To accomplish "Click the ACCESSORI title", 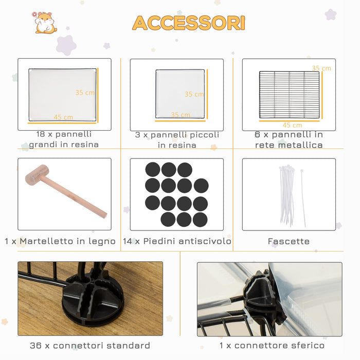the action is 189,23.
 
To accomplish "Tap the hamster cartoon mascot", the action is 45,23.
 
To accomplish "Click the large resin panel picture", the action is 62,95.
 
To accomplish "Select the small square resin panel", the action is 180,94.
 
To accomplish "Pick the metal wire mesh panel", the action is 289,95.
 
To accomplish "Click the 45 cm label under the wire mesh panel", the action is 292,125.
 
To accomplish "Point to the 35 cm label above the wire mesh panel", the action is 321,68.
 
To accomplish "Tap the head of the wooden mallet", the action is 37,175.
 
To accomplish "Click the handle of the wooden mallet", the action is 74,197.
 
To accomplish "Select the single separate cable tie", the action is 303,198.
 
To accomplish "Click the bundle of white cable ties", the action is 287,195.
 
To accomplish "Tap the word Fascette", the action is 289,241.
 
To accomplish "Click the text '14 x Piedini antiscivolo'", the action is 177,241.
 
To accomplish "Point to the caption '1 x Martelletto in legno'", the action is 60,241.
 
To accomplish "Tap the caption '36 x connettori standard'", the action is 90,345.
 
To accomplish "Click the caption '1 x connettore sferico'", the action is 272,345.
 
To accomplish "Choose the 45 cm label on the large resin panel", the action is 63,117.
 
